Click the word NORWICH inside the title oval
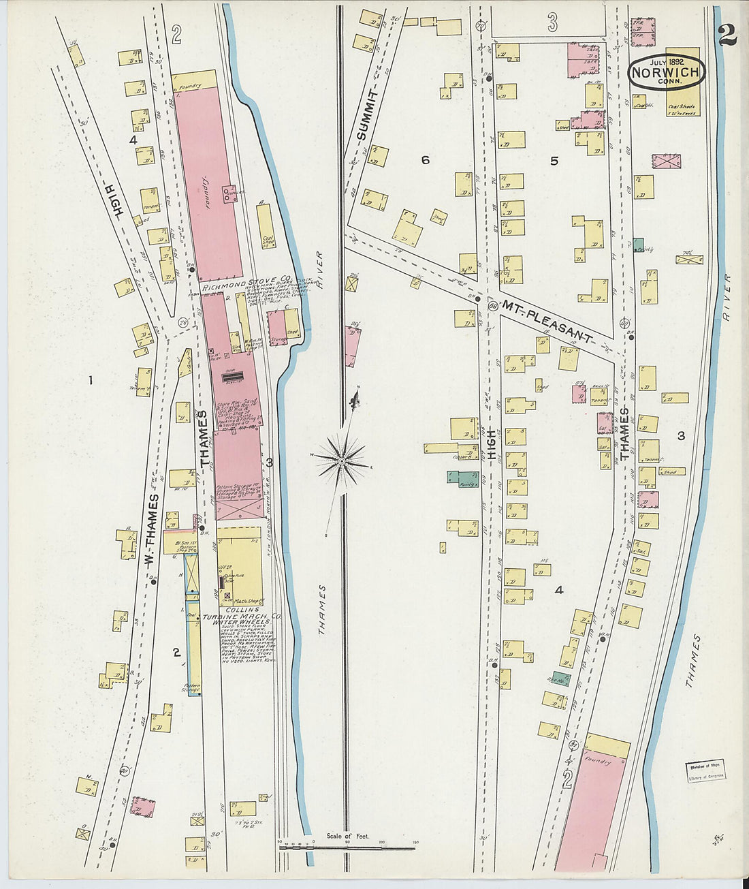pyautogui.click(x=666, y=72)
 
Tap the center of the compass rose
pyautogui.click(x=341, y=462)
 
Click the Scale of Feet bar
pyautogui.click(x=347, y=847)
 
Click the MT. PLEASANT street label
pyautogui.click(x=548, y=319)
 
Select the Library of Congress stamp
pyautogui.click(x=705, y=770)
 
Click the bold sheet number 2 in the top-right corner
pyautogui.click(x=727, y=34)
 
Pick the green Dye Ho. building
pyautogui.click(x=560, y=679)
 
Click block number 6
pyautogui.click(x=426, y=160)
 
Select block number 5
pyautogui.click(x=554, y=161)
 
